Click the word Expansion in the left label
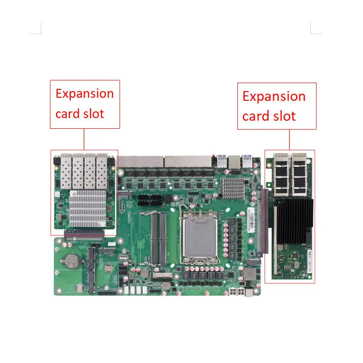click(x=85, y=94)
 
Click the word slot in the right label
click(x=284, y=116)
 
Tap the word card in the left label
click(x=67, y=114)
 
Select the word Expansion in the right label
click(x=274, y=96)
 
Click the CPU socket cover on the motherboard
click(x=200, y=237)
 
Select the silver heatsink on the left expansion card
click(x=88, y=208)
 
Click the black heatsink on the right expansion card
click(x=294, y=221)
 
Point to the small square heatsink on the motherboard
click(x=233, y=188)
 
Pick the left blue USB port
click(x=222, y=161)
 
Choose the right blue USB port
click(x=247, y=161)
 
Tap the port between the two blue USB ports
click(x=234, y=162)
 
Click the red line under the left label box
click(x=84, y=139)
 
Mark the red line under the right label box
click(x=289, y=140)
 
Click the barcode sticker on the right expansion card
click(x=309, y=261)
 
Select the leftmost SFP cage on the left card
click(x=66, y=171)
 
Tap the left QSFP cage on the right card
click(x=282, y=174)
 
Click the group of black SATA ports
click(x=150, y=200)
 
